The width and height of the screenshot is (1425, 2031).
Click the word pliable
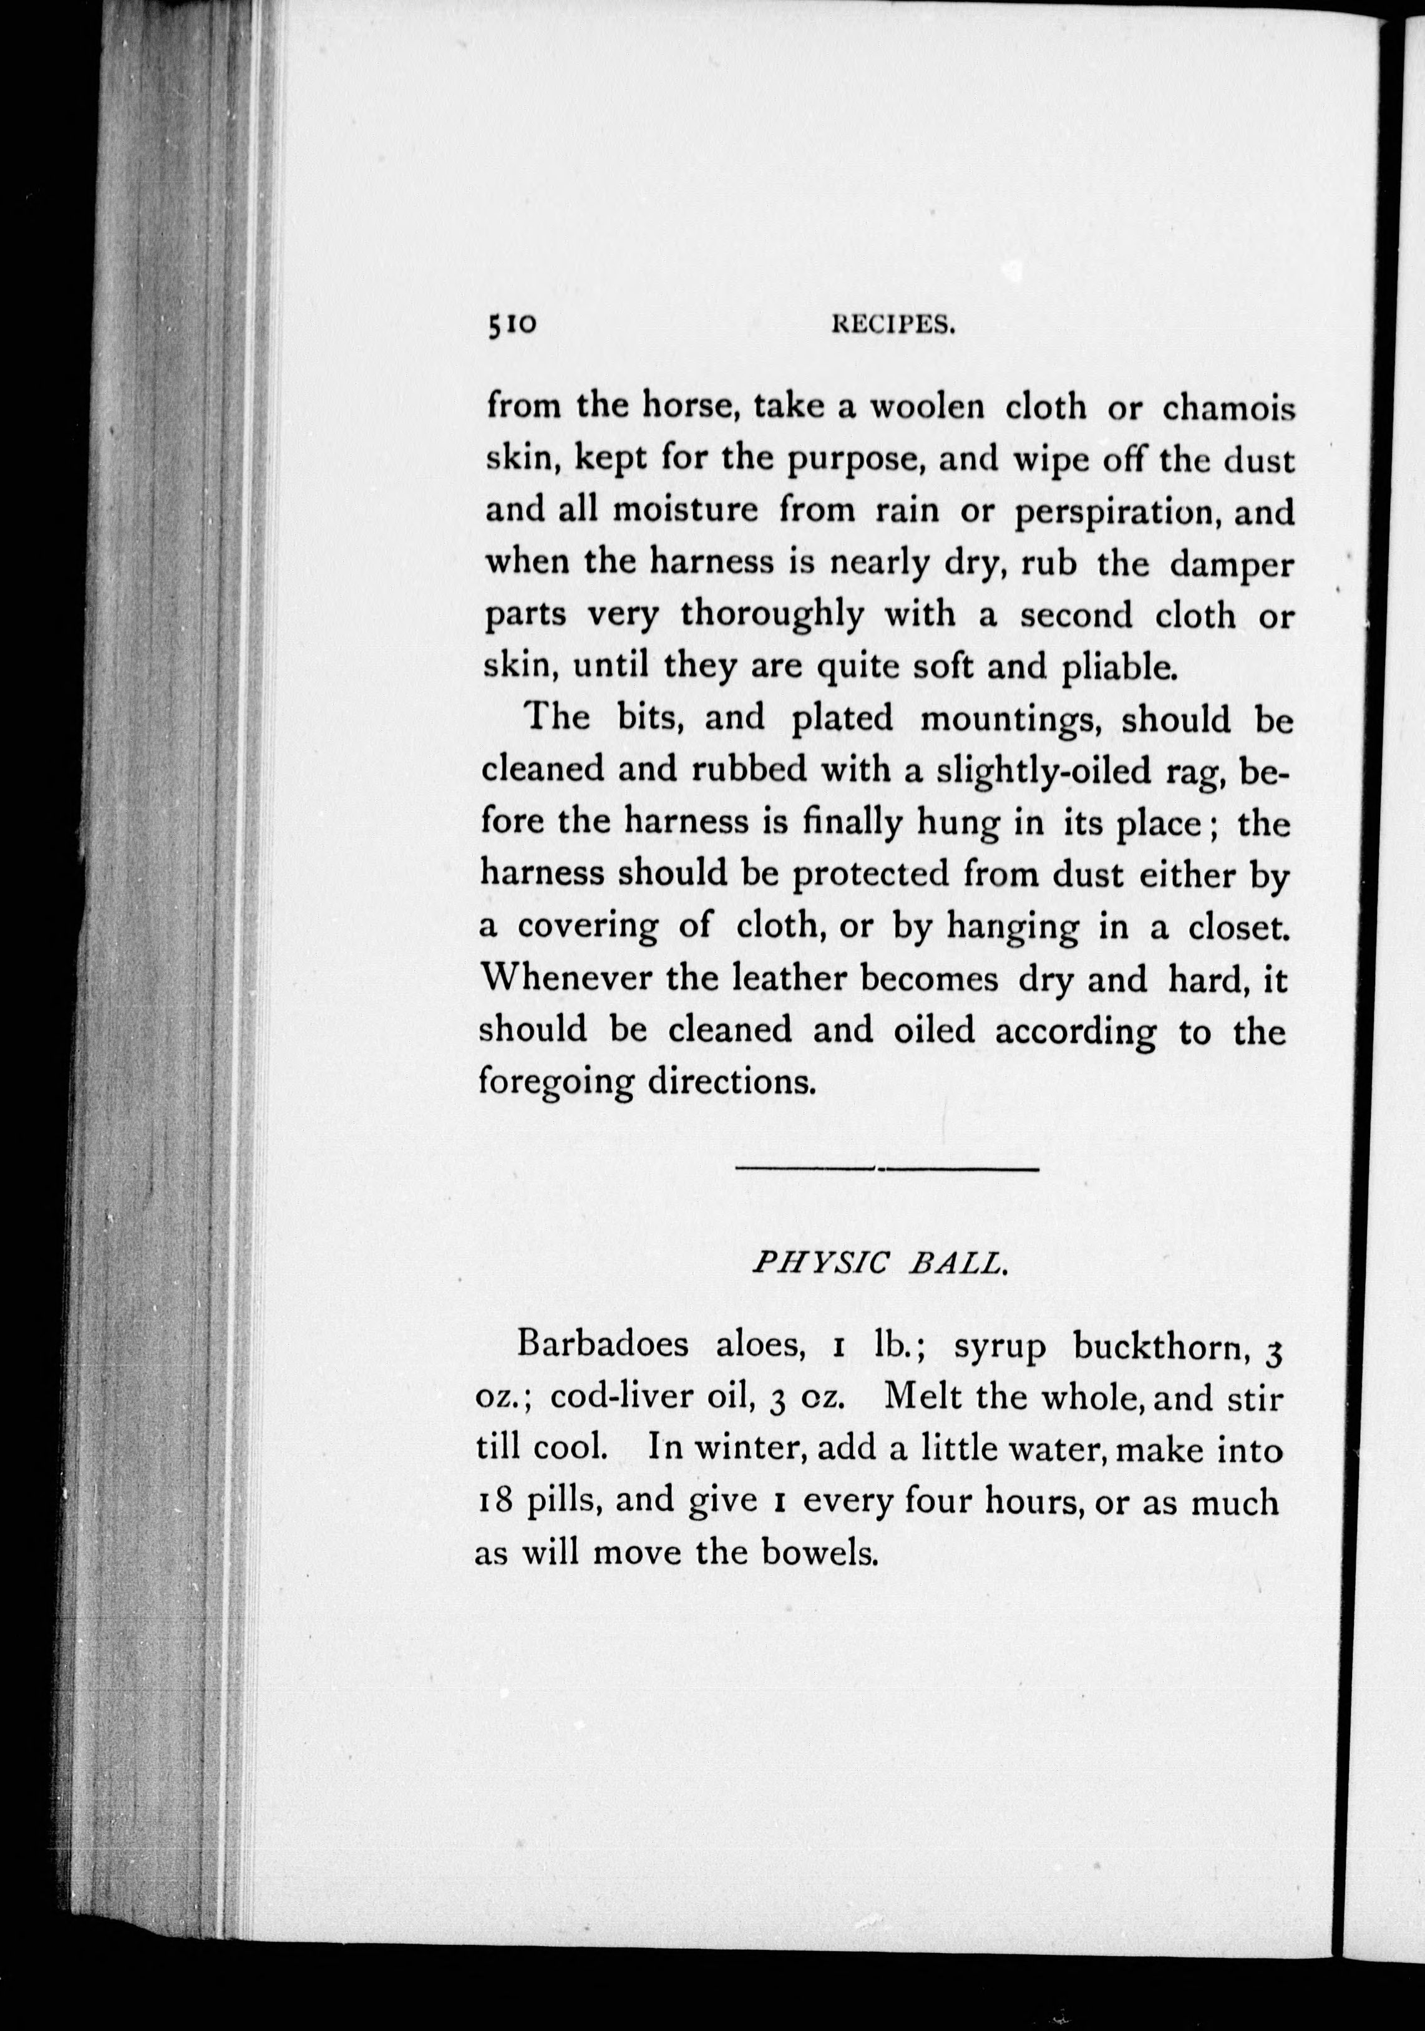click(x=1119, y=668)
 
